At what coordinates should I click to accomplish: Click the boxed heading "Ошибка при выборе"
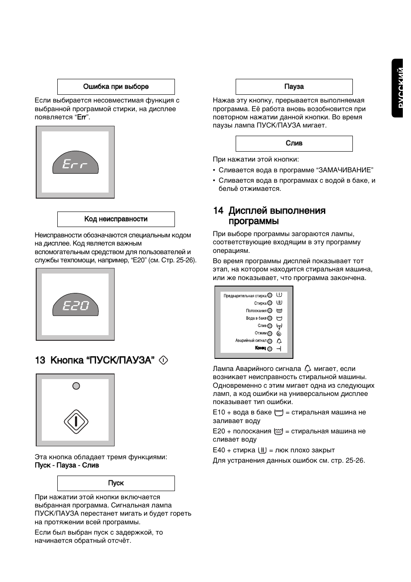116,87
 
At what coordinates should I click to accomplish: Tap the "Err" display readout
75,164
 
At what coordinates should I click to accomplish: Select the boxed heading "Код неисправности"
116,219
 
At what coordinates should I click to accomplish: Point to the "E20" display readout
75,306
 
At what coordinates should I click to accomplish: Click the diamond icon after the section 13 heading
164,360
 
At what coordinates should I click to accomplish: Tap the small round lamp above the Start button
76,386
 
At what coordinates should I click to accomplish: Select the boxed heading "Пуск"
116,483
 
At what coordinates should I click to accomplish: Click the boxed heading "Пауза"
294,87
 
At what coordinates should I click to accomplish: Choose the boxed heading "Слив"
294,143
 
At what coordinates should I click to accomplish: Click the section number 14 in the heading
218,211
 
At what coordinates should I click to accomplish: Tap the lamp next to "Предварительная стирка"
270,296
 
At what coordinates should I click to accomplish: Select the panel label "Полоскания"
256,311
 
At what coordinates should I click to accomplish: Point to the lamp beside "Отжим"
270,333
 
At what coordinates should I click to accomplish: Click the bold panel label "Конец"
260,348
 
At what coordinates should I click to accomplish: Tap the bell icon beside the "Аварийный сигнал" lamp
279,341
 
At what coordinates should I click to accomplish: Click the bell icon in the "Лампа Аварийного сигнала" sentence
308,369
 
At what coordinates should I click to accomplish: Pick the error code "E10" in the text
219,412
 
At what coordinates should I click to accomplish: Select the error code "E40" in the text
219,450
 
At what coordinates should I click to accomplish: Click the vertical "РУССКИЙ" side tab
401,88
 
